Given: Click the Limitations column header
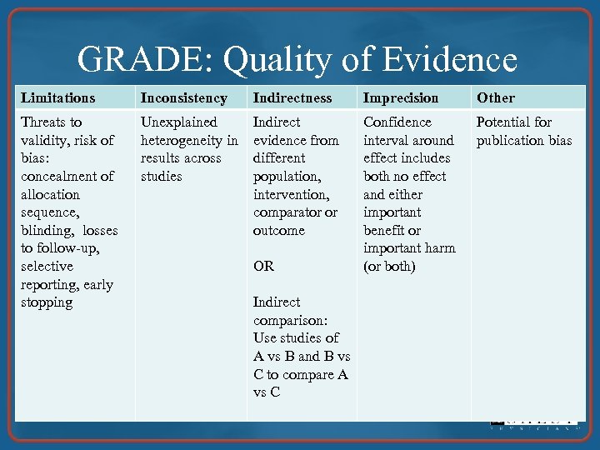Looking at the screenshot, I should click(x=58, y=97).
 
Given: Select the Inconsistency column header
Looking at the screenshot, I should click(x=183, y=97).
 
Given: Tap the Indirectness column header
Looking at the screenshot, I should click(x=292, y=97).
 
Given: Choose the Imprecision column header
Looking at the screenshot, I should click(x=401, y=97).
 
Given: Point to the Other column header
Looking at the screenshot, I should click(x=496, y=97).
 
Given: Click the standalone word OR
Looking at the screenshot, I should click(x=263, y=267).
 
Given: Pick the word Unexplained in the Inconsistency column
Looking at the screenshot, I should click(x=178, y=122).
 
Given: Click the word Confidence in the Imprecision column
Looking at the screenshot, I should click(x=398, y=122).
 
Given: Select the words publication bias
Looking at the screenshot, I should click(x=524, y=140).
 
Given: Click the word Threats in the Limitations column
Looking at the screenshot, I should click(x=51, y=122).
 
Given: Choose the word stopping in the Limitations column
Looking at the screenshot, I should click(x=47, y=302).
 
